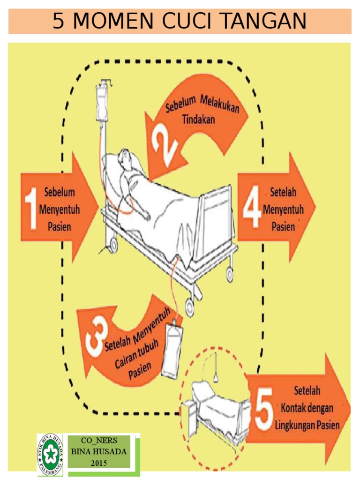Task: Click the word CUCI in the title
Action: click(187, 21)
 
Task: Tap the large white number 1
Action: click(31, 208)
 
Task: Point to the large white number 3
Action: click(97, 336)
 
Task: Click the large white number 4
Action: click(252, 206)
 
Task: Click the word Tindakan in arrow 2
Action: click(198, 119)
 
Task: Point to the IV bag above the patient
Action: click(102, 103)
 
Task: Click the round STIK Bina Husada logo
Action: click(50, 455)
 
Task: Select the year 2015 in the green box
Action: click(98, 463)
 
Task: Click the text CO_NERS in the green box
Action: click(99, 441)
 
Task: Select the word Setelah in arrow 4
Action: click(283, 192)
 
